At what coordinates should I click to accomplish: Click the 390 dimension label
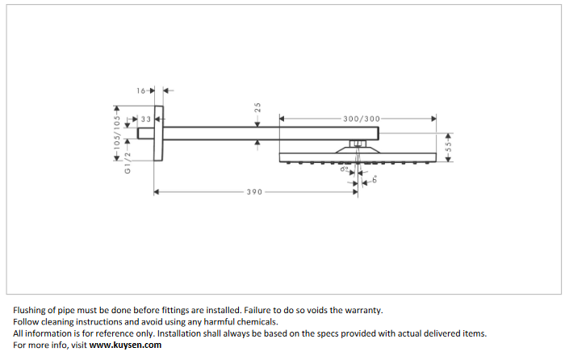(x=254, y=192)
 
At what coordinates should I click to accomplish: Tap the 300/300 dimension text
(x=361, y=119)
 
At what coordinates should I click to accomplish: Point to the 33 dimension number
(x=145, y=119)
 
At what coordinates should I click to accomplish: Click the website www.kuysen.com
(x=125, y=345)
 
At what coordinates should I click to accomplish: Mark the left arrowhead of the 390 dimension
(x=157, y=192)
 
